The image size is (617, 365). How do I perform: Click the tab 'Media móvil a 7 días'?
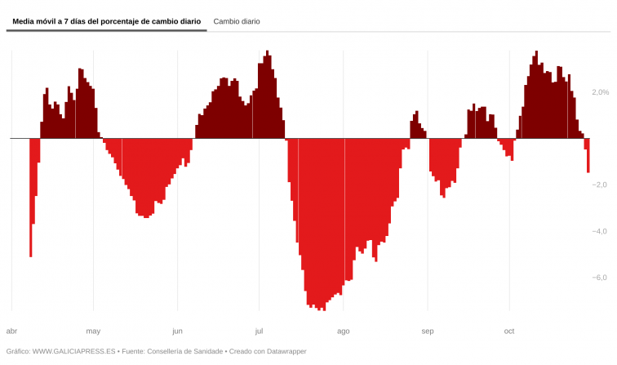[x=106, y=21]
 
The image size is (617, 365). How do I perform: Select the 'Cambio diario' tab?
[x=237, y=21]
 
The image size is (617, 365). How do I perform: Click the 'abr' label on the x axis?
[x=11, y=331]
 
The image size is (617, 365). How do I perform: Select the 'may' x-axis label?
[x=93, y=331]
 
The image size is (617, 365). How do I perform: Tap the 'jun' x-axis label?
[x=177, y=331]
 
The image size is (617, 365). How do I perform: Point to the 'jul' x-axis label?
[x=259, y=331]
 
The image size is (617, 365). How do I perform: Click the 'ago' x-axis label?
[x=343, y=331]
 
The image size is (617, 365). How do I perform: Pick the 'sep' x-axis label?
[x=428, y=331]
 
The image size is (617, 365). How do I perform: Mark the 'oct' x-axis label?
[x=509, y=331]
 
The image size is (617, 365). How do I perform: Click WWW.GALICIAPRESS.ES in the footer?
[x=73, y=351]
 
